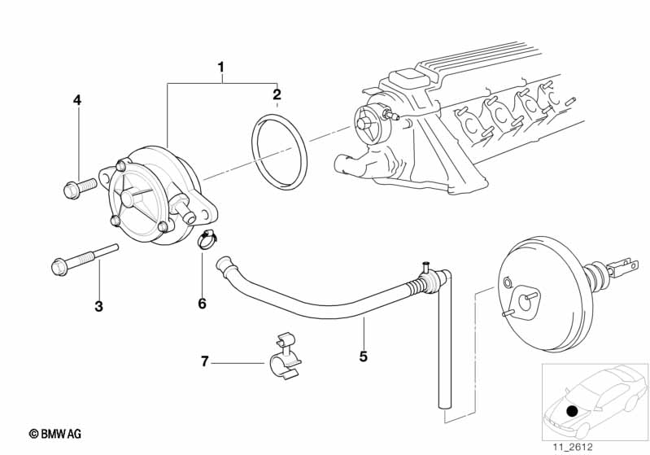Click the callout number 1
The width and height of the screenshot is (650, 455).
tap(221, 68)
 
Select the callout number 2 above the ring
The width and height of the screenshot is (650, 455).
tap(277, 94)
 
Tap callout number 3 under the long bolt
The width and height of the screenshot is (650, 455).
tap(98, 307)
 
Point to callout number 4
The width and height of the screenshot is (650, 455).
tap(77, 100)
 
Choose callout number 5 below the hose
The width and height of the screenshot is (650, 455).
tap(363, 357)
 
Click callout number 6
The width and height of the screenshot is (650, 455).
tap(202, 304)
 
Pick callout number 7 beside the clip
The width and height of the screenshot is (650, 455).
tap(204, 361)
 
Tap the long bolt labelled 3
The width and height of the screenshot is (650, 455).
tap(85, 259)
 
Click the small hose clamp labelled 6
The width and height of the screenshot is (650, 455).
tap(207, 240)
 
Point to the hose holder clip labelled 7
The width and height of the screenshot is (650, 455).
tap(286, 357)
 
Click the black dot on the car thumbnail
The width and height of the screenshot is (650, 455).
tap(572, 411)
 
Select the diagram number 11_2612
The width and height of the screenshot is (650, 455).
tap(573, 447)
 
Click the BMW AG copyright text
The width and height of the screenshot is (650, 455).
tap(55, 434)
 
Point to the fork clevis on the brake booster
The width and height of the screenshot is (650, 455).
tap(624, 267)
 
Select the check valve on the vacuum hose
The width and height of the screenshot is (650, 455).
tap(428, 280)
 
